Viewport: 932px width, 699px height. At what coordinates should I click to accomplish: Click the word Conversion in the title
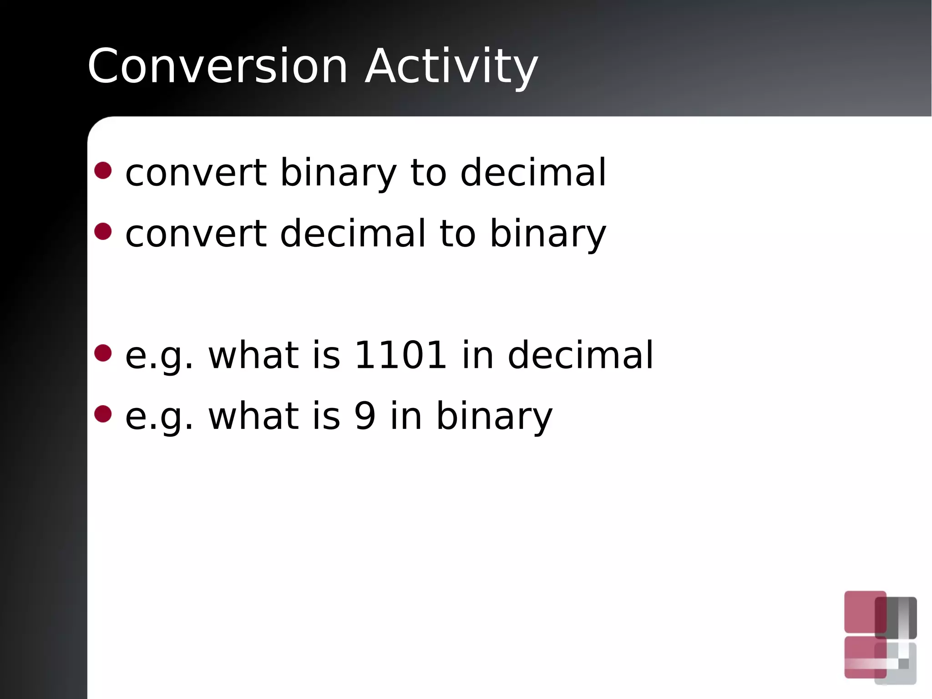(x=218, y=66)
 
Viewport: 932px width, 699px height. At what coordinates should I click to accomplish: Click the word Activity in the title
(x=451, y=66)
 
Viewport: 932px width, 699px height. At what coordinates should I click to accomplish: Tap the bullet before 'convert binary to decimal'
(x=103, y=170)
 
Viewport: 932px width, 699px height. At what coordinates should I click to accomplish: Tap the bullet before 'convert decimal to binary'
(x=103, y=231)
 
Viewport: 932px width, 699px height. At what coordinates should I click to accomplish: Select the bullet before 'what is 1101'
(x=103, y=353)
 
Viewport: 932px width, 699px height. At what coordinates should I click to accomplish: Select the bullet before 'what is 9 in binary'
(x=103, y=414)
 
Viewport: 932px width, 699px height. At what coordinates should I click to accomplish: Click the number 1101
(x=400, y=355)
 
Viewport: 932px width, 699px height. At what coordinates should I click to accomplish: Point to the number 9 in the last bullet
(x=365, y=415)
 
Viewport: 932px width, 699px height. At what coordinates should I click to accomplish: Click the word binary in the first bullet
(x=338, y=173)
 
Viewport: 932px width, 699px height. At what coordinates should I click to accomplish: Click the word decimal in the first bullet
(x=533, y=173)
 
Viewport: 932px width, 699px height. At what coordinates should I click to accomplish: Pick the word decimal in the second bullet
(x=353, y=233)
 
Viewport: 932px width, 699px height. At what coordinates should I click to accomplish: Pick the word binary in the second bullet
(x=547, y=233)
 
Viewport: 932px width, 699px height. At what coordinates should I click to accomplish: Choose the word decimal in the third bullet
(x=580, y=355)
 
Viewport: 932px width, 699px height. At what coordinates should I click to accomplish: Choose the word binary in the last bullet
(x=494, y=415)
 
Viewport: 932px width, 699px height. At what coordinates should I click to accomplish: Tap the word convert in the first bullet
(x=196, y=173)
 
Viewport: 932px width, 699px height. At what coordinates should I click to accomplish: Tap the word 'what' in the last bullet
(x=253, y=415)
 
